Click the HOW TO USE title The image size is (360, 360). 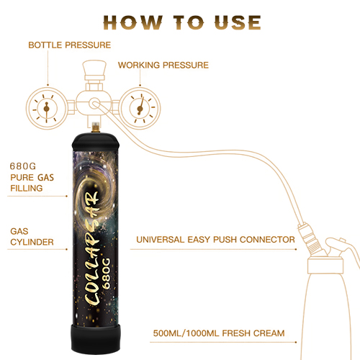click(182, 23)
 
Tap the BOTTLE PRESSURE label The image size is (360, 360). click(70, 45)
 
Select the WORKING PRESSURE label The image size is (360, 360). click(163, 66)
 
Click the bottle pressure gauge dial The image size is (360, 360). click(46, 109)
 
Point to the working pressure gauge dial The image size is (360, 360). click(140, 109)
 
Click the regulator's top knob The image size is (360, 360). click(94, 68)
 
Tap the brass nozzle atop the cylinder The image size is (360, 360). click(96, 127)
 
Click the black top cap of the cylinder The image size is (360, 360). click(96, 142)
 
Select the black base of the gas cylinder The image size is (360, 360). click(96, 339)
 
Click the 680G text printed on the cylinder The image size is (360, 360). click(106, 274)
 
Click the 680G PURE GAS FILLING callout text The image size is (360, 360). click(32, 177)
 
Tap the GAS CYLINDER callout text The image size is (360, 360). click(32, 237)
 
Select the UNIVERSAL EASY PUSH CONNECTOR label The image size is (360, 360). click(215, 240)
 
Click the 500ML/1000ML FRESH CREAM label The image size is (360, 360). click(219, 333)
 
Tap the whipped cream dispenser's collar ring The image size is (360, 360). click(325, 266)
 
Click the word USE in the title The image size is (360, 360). click(238, 23)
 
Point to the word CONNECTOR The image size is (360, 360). click(267, 240)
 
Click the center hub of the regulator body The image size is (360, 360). click(94, 104)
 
